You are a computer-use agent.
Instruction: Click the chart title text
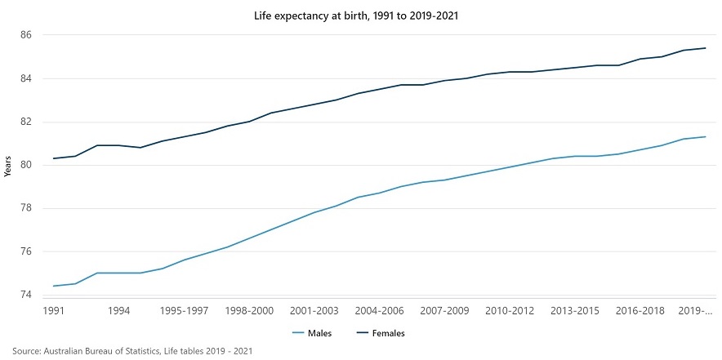pyautogui.click(x=360, y=16)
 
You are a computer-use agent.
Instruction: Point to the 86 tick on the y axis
pyautogui.click(x=27, y=35)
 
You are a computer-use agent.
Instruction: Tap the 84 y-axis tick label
pyautogui.click(x=27, y=78)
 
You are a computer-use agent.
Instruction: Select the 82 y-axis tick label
pyautogui.click(x=27, y=122)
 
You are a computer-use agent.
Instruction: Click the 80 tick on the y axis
pyautogui.click(x=27, y=165)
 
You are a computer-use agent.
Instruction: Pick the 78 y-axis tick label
pyautogui.click(x=27, y=208)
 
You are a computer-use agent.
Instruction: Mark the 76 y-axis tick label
pyautogui.click(x=27, y=251)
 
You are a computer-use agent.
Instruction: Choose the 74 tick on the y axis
pyautogui.click(x=27, y=295)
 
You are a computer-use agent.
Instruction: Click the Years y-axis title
pyautogui.click(x=8, y=165)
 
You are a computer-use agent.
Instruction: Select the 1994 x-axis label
pyautogui.click(x=119, y=311)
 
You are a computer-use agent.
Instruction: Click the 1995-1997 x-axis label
pyautogui.click(x=184, y=311)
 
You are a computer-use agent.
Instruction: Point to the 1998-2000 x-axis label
pyautogui.click(x=250, y=311)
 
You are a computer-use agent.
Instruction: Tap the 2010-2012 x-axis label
pyautogui.click(x=510, y=311)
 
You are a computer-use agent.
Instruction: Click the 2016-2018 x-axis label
pyautogui.click(x=640, y=311)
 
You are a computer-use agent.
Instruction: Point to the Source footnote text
pyautogui.click(x=127, y=351)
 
